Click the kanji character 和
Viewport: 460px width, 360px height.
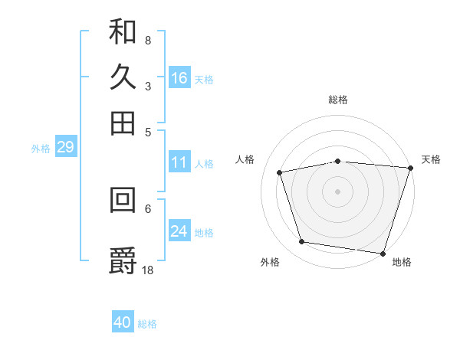click(x=123, y=32)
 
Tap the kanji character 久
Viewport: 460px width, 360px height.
click(x=123, y=77)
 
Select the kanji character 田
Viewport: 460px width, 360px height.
click(x=123, y=123)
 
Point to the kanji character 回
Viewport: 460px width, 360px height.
click(x=123, y=200)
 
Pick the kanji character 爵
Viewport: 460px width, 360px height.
click(x=123, y=260)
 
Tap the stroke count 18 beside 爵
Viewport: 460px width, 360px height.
click(x=149, y=269)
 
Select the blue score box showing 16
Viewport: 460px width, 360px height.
click(x=179, y=77)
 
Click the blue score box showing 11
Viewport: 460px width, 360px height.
click(x=179, y=162)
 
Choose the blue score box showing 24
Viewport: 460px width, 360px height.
click(x=179, y=231)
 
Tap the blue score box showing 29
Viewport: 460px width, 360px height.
click(x=65, y=148)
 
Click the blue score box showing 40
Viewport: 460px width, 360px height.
click(x=123, y=322)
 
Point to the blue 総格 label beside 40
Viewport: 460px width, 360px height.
click(x=147, y=324)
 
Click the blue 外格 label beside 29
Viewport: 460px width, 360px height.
click(x=41, y=149)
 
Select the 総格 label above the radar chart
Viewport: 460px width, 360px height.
click(x=338, y=100)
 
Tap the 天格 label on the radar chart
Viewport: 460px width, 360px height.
click(x=431, y=159)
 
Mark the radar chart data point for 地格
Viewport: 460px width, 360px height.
click(x=383, y=253)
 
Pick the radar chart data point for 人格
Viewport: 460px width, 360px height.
click(x=280, y=172)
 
